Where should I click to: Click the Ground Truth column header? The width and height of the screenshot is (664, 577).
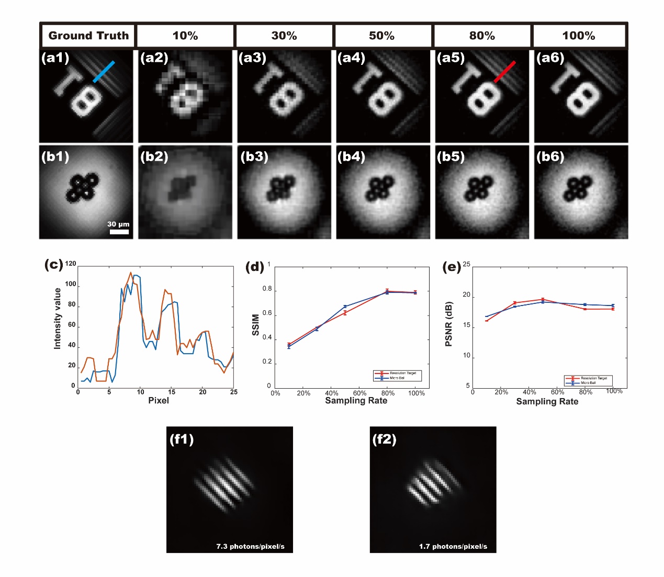(88, 36)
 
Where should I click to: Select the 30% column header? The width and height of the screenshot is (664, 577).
(284, 36)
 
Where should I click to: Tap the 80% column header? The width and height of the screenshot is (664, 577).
(482, 36)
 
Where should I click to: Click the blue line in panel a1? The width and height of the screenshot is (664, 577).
(104, 72)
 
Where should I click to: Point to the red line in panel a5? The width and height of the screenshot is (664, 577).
(504, 72)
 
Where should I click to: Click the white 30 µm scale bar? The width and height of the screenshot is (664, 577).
(119, 232)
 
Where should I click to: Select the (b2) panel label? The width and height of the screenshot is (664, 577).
(154, 157)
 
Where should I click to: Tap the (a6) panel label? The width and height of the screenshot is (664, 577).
(550, 58)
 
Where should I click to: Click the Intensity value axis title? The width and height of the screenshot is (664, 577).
(58, 319)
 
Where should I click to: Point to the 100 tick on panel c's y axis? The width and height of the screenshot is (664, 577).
(71, 284)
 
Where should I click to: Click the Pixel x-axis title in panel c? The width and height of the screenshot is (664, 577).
(159, 401)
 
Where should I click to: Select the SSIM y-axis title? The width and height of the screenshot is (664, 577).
(256, 325)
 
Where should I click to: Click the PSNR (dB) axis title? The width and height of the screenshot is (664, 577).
(448, 324)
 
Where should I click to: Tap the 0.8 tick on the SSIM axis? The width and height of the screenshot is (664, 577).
(267, 289)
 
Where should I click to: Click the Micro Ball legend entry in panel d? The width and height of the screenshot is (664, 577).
(397, 378)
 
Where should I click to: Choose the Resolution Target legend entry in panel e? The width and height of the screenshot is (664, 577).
(594, 378)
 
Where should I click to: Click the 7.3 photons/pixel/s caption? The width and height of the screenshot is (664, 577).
(250, 547)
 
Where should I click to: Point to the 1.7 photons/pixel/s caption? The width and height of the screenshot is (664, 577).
(453, 547)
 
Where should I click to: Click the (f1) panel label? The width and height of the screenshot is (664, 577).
(182, 439)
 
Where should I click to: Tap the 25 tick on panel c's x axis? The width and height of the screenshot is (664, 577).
(233, 392)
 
